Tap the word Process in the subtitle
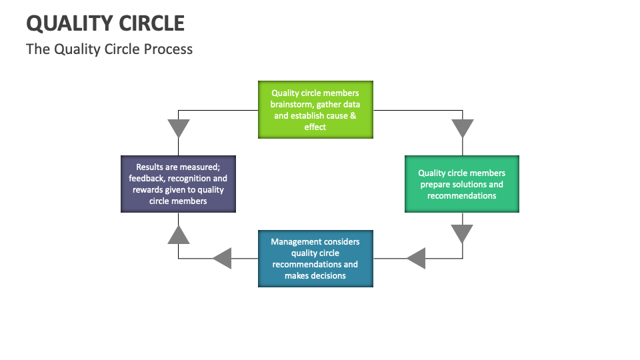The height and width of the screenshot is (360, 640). pyautogui.click(x=169, y=49)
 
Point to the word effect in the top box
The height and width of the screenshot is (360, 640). pyautogui.click(x=315, y=127)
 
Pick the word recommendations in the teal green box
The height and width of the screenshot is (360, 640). pyautogui.click(x=461, y=196)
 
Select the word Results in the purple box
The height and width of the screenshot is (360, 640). pyautogui.click(x=151, y=167)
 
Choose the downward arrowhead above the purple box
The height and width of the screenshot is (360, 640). pyautogui.click(x=178, y=128)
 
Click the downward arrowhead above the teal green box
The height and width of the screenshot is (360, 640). pyautogui.click(x=462, y=128)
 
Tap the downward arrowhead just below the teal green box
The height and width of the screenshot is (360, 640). pyautogui.click(x=462, y=233)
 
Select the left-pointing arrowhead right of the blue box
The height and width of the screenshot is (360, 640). pyautogui.click(x=416, y=258)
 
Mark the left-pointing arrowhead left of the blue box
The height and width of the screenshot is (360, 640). pyautogui.click(x=222, y=258)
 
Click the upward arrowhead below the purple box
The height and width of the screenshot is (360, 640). pyautogui.click(x=178, y=234)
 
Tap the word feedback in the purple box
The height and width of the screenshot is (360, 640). pyautogui.click(x=147, y=179)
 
